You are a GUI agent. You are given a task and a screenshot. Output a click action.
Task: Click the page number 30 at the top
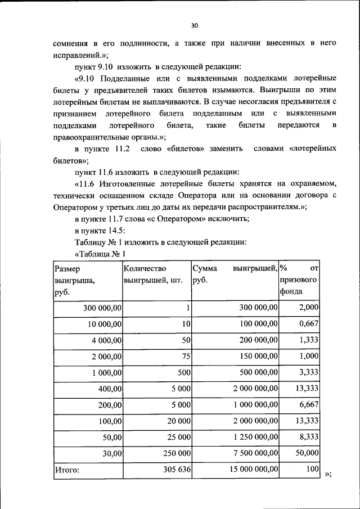[x=195, y=25]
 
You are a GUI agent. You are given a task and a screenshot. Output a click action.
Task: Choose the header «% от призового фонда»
[x=299, y=280]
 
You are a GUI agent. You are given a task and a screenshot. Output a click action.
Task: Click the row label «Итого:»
[x=67, y=468]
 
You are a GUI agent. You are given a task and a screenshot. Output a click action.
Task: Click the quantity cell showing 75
[x=186, y=356]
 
